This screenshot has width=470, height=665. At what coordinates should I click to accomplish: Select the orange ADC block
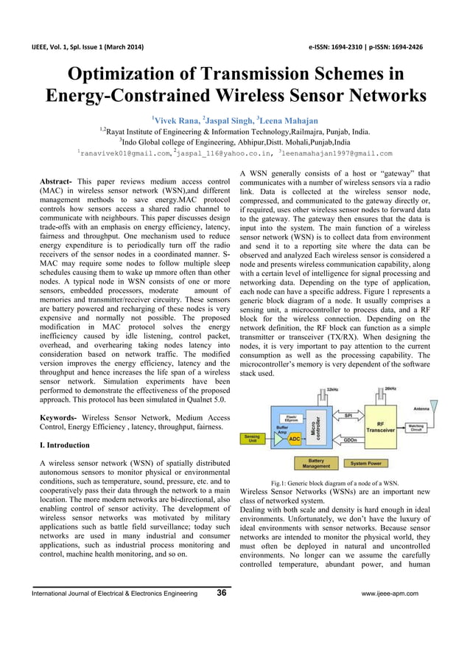click(295, 439)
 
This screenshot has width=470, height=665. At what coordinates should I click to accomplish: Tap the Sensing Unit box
click(252, 439)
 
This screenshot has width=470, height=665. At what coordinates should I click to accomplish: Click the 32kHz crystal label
click(332, 389)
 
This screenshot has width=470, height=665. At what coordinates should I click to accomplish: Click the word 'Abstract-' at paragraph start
click(56, 181)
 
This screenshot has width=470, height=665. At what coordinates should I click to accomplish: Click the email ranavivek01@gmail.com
click(125, 153)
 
